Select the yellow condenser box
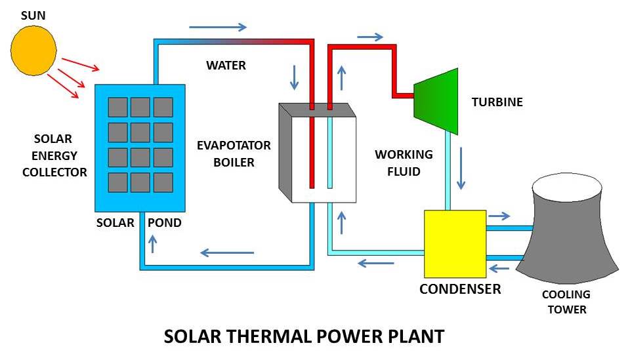(x=455, y=243)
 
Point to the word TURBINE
(x=497, y=102)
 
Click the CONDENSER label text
(x=460, y=289)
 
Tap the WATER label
(x=226, y=66)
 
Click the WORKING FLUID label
(x=404, y=163)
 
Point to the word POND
(x=164, y=223)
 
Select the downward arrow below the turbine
(x=462, y=169)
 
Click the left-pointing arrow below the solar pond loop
(x=227, y=252)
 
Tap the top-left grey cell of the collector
(x=117, y=107)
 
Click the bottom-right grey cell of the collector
(x=163, y=182)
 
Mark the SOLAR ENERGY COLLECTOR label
(x=55, y=156)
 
